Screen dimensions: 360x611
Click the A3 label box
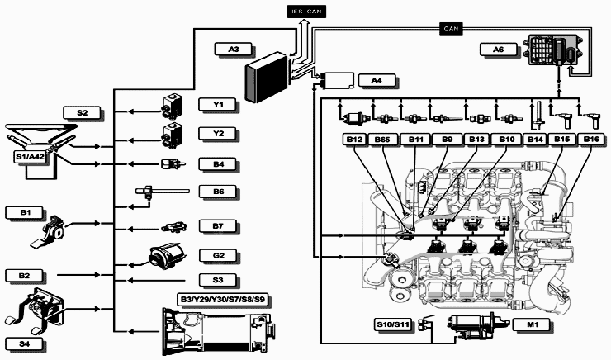click(234, 50)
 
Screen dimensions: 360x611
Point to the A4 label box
click(377, 80)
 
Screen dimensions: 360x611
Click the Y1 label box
click(219, 105)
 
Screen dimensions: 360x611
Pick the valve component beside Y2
click(176, 132)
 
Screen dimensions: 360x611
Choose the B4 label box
click(219, 164)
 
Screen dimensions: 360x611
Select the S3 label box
click(219, 280)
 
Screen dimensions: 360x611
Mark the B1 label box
click(25, 213)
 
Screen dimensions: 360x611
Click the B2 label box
click(25, 274)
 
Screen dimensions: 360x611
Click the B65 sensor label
click(383, 140)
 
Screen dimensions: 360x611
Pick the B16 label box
click(591, 140)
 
